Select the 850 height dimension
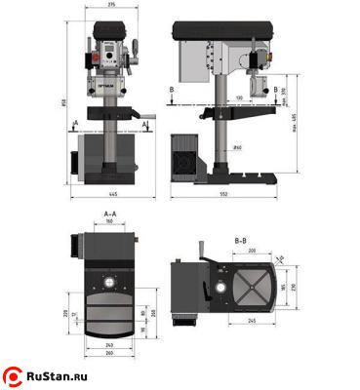[x=62, y=105]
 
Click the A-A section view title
[x=109, y=212]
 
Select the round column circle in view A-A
[x=109, y=285]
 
